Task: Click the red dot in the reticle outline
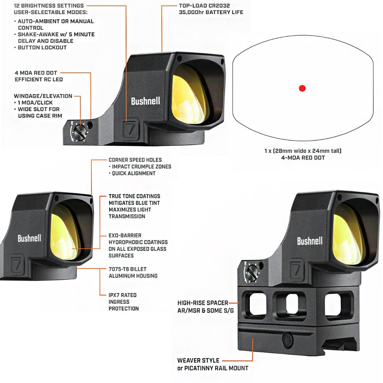click(x=302, y=88)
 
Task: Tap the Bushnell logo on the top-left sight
click(x=146, y=101)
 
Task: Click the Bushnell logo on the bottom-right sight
click(x=309, y=241)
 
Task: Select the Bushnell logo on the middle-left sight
click(x=29, y=238)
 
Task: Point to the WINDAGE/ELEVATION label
click(x=43, y=96)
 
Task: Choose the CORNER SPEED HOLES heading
click(x=135, y=160)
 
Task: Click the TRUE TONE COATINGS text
click(x=134, y=196)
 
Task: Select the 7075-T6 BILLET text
click(x=127, y=269)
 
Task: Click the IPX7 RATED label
click(x=123, y=295)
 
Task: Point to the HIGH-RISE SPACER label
click(x=203, y=303)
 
